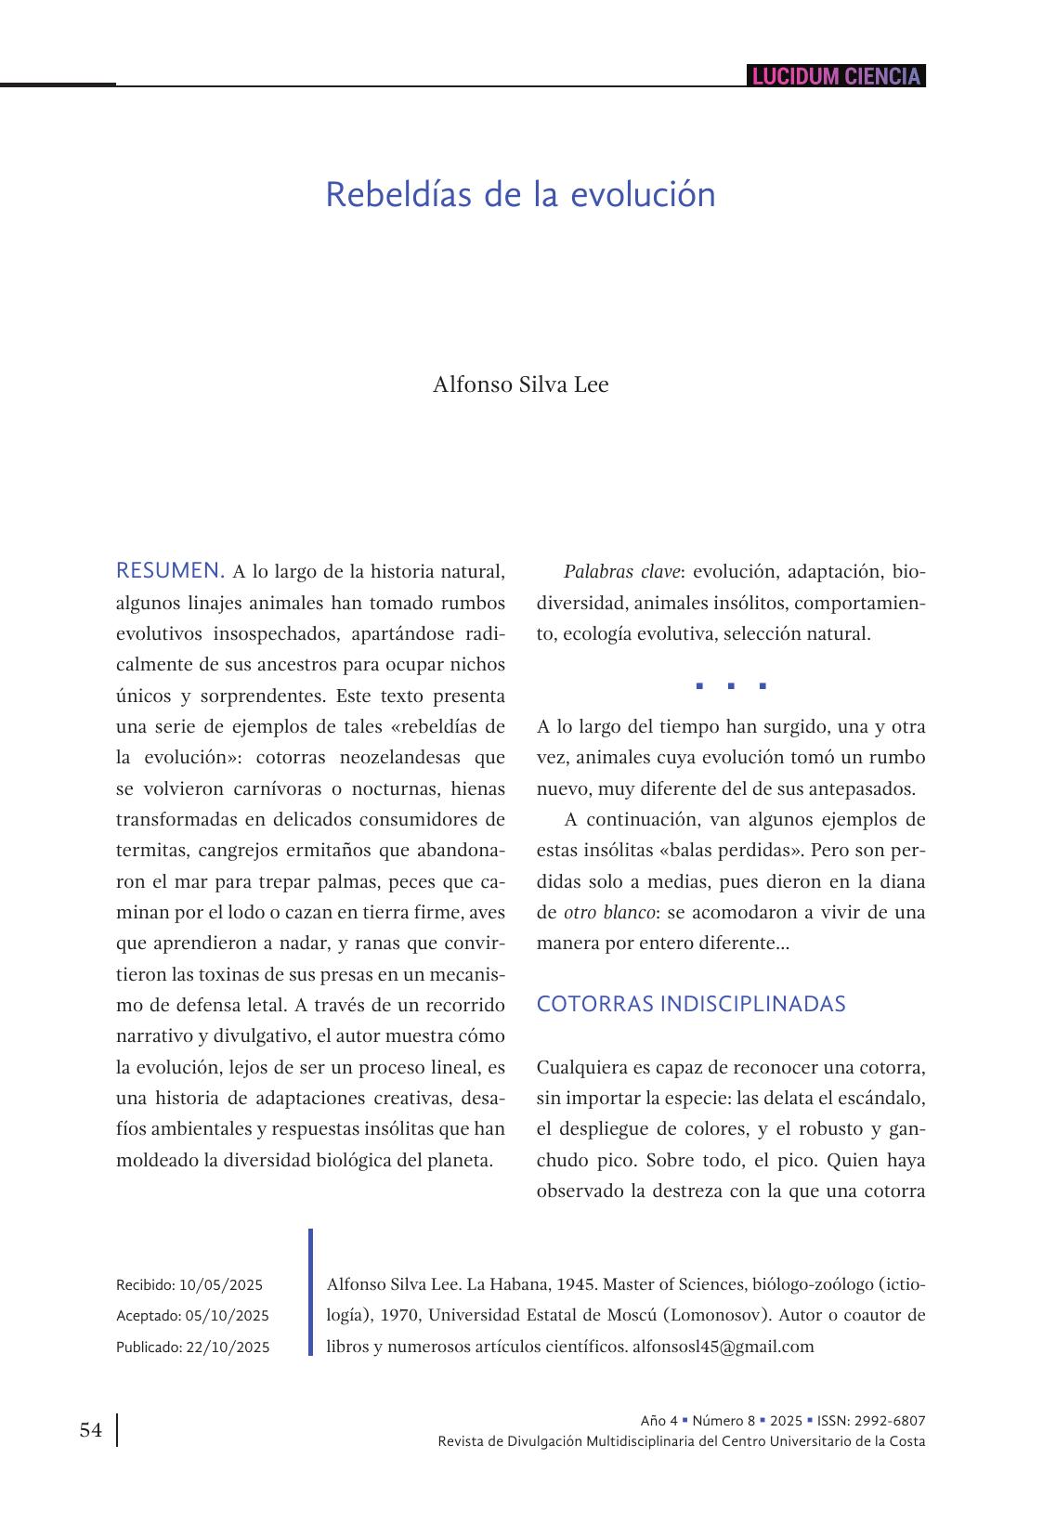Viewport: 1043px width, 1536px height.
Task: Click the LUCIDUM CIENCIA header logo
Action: pos(836,76)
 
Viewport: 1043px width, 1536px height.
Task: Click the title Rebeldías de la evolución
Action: pos(520,195)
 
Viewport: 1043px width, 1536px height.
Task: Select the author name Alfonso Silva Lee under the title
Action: pos(520,384)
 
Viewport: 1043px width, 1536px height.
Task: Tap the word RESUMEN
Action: pos(170,570)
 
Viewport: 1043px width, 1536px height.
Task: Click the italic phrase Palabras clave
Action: pos(621,571)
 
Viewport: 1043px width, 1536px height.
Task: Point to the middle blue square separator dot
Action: pos(731,687)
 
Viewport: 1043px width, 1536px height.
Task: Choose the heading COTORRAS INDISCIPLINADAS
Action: pos(691,1004)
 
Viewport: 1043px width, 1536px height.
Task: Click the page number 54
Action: pos(91,1430)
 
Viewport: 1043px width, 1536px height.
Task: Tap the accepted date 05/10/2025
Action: pos(227,1316)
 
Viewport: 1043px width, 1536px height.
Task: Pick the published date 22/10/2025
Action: pos(228,1347)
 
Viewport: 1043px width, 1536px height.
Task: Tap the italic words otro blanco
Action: pos(608,912)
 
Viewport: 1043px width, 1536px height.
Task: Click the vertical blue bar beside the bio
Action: pos(311,1292)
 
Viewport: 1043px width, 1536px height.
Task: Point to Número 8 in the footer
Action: pos(724,1421)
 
